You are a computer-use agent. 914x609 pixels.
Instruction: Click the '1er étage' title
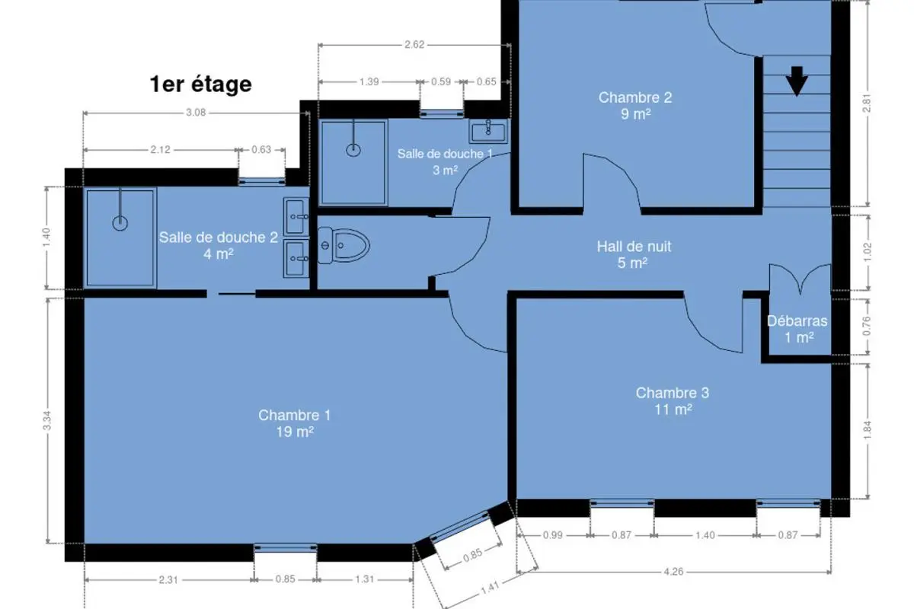pos(201,84)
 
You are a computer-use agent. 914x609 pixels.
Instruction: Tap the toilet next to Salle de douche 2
pos(344,246)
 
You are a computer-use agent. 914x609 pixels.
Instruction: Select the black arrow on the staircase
pos(797,81)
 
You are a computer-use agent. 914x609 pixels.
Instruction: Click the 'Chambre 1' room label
pos(294,415)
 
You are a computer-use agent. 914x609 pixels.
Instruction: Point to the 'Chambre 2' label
pos(635,97)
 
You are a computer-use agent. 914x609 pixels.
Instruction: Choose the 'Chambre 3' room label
pos(673,393)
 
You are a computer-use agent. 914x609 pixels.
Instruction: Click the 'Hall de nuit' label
pos(634,247)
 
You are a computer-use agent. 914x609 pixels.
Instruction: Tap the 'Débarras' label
pos(797,321)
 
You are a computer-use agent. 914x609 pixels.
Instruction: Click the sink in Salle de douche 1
pos(488,131)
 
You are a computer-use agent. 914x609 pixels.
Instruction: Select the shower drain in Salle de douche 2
pos(120,223)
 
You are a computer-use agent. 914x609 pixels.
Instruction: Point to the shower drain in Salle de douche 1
pos(353,150)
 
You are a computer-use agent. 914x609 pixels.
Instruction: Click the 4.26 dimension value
pos(673,572)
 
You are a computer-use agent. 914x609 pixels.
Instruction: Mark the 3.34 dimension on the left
pos(47,420)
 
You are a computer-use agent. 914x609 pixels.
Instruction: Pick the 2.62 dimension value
pos(414,44)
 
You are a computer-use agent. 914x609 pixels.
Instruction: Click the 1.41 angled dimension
pos(490,588)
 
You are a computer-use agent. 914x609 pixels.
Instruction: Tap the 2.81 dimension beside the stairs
pos(867,103)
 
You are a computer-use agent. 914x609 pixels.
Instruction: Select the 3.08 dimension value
pos(196,113)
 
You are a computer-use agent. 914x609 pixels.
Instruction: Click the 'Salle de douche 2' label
pos(219,238)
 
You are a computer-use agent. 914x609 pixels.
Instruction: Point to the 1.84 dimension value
pos(867,430)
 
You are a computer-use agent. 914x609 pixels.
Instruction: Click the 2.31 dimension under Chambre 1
pos(168,579)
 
